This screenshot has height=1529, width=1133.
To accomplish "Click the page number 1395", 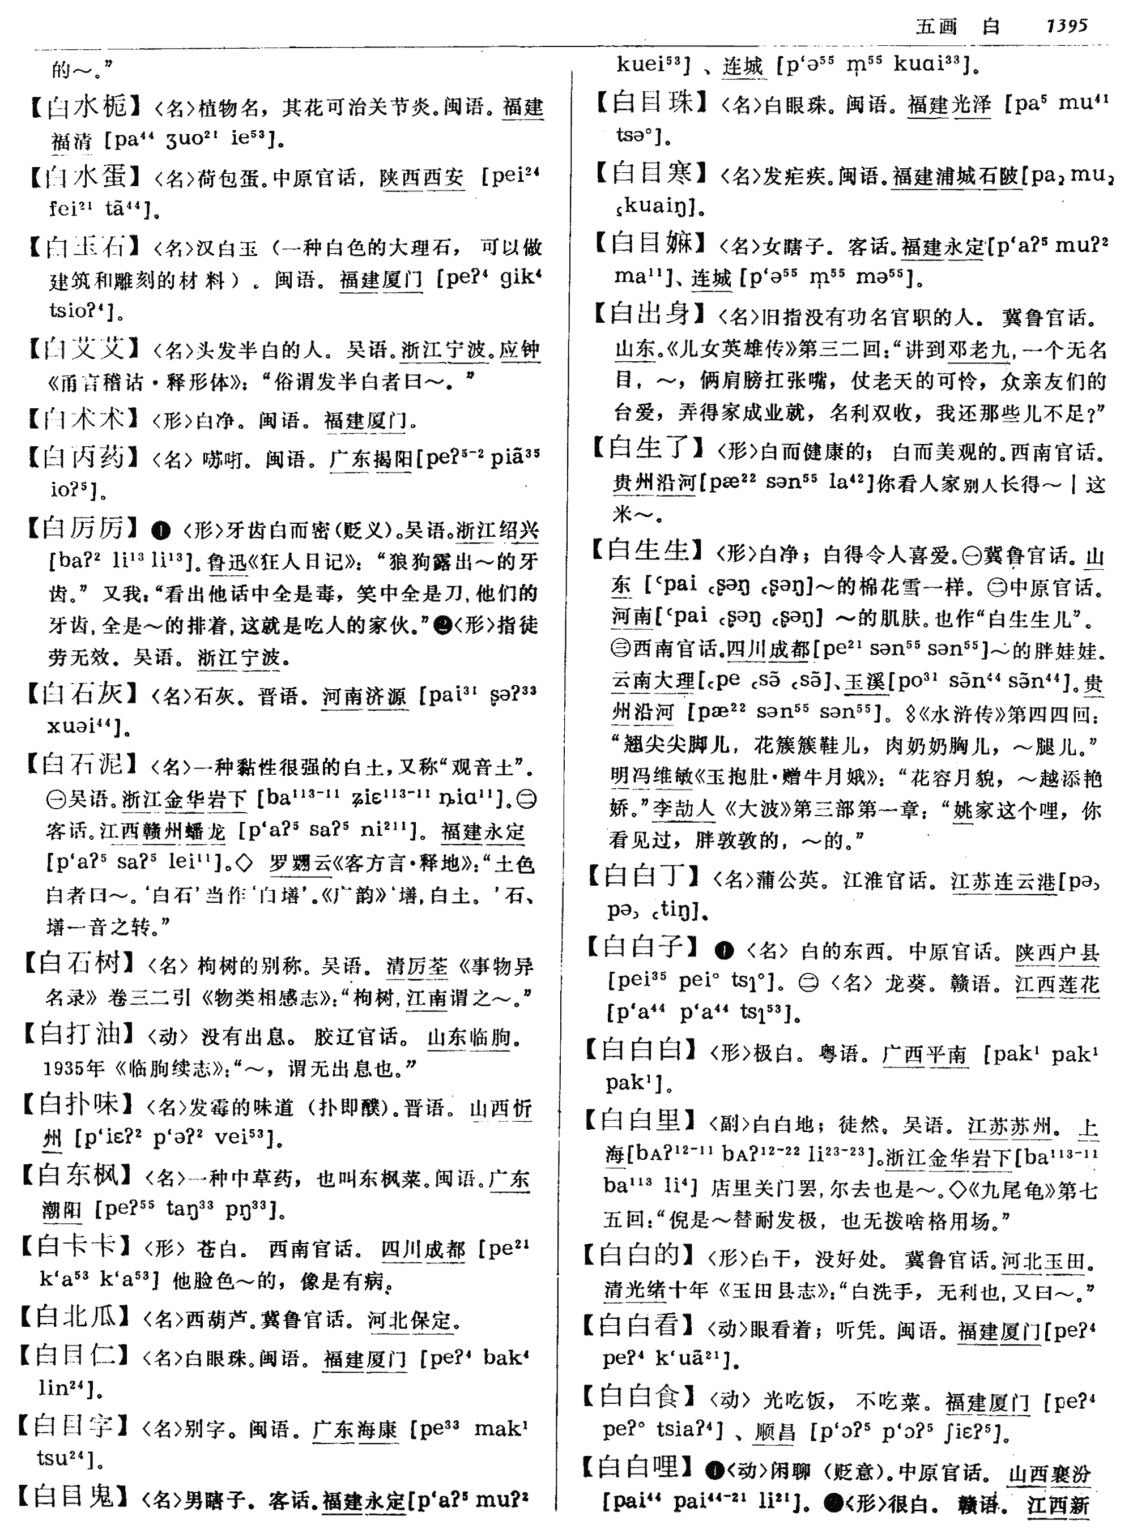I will click(1067, 26).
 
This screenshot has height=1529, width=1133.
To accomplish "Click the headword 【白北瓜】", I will click(74, 1317).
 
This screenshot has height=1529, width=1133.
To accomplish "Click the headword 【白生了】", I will click(648, 450).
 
